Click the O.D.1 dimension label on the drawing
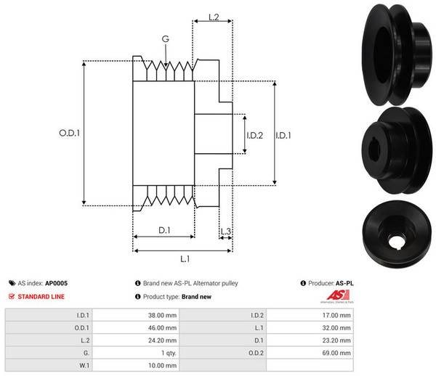68,134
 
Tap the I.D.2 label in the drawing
254,134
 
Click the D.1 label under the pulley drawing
164,231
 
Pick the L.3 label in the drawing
226,232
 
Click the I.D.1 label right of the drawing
286,134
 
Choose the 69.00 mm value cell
336,352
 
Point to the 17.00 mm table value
336,315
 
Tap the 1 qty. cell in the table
162,352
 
